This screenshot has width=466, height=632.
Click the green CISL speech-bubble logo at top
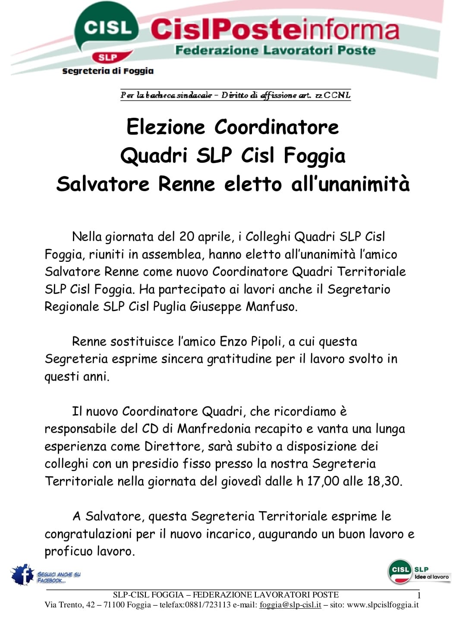[x=107, y=29]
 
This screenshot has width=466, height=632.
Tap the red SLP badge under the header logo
[x=108, y=57]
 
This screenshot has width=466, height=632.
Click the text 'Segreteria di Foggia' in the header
[x=108, y=71]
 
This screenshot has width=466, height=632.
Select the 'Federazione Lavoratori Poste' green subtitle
[x=275, y=50]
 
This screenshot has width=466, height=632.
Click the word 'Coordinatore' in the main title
[x=277, y=127]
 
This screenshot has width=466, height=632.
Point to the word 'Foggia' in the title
[x=315, y=156]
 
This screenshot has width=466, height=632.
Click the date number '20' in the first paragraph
[x=187, y=236]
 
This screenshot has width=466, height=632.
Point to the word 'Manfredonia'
[x=214, y=429]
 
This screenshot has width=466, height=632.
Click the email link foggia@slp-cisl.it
[x=290, y=605]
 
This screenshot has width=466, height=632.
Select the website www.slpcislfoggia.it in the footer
[x=383, y=605]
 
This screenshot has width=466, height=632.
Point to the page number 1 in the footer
[x=418, y=596]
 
